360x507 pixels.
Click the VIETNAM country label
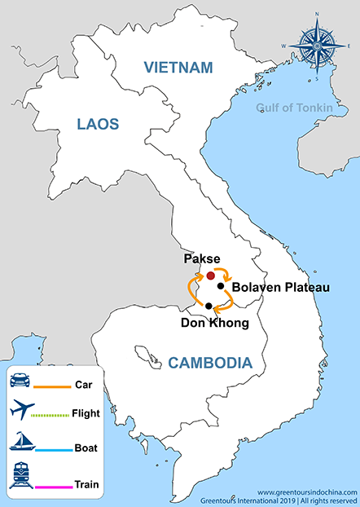tap(177, 67)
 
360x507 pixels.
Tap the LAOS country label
tap(98, 124)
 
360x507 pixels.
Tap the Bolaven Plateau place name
tap(274, 288)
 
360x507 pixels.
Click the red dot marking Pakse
tap(210, 276)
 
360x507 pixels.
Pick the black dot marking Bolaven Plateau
tap(221, 286)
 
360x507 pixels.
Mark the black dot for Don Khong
tap(209, 306)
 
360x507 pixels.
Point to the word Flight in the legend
tap(86, 413)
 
